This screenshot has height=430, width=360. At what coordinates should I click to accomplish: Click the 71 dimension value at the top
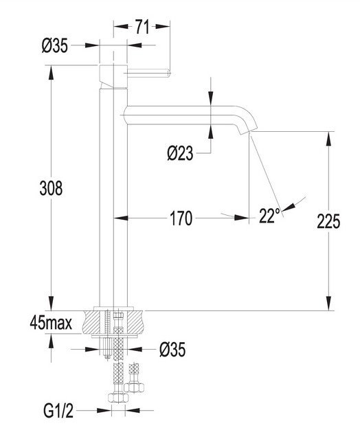pyautogui.click(x=142, y=27)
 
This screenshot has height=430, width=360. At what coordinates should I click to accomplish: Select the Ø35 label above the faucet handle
pyautogui.click(x=54, y=45)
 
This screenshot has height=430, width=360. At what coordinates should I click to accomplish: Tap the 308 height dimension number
pyautogui.click(x=51, y=188)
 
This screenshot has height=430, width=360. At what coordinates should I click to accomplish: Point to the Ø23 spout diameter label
pyautogui.click(x=180, y=153)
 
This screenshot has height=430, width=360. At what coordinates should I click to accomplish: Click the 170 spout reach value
pyautogui.click(x=181, y=218)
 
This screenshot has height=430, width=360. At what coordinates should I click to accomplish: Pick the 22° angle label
pyautogui.click(x=269, y=216)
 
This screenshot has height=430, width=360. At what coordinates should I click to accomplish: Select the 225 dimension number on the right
pyautogui.click(x=328, y=221)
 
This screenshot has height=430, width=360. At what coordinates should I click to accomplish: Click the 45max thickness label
pyautogui.click(x=51, y=323)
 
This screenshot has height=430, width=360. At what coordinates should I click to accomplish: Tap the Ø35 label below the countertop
pyautogui.click(x=172, y=350)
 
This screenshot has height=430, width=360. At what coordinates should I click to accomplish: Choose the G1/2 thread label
pyautogui.click(x=58, y=411)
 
